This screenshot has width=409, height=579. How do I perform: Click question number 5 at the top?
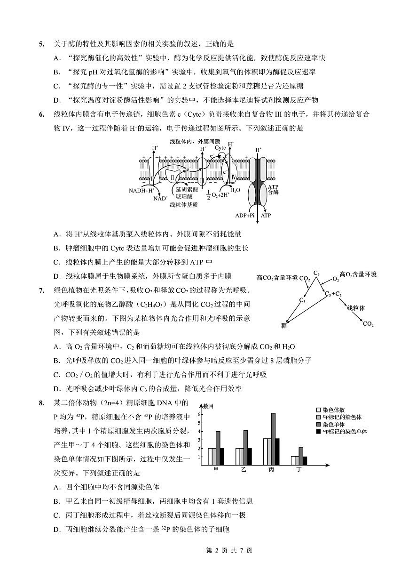pyautogui.click(x=41, y=44)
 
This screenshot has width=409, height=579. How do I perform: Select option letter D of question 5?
pyautogui.click(x=57, y=100)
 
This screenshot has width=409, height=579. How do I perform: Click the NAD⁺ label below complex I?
pyautogui.click(x=160, y=198)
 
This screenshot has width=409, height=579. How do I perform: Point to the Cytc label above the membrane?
pyautogui.click(x=220, y=147)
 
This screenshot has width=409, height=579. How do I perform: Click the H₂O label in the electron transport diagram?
pyautogui.click(x=235, y=190)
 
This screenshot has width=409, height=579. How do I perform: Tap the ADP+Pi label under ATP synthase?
pyautogui.click(x=244, y=215)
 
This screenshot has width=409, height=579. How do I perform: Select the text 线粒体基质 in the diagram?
pyautogui.click(x=183, y=205)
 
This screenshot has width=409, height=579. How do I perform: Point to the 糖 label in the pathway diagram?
pyautogui.click(x=284, y=325)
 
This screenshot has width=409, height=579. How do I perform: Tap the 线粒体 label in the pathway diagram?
pyautogui.click(x=356, y=307)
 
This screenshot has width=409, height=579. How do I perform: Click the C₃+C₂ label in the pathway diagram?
pyautogui.click(x=333, y=294)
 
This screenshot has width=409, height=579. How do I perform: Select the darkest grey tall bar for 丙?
pyautogui.click(x=273, y=439)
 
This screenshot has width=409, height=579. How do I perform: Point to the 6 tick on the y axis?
pyautogui.click(x=199, y=414)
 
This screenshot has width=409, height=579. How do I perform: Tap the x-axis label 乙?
pyautogui.click(x=244, y=470)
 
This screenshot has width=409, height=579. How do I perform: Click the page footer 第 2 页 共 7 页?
pyautogui.click(x=229, y=550)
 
